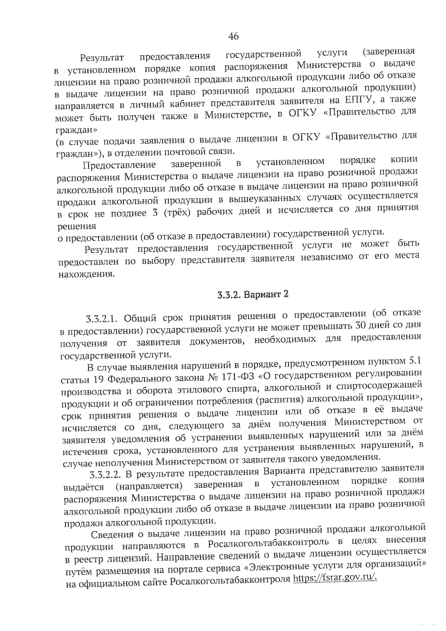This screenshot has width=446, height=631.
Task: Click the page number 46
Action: click(233, 36)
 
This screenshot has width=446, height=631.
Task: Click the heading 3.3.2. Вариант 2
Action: click(253, 294)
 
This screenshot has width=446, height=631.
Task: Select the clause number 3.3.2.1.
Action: click(102, 319)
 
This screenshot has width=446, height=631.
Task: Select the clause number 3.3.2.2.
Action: click(106, 474)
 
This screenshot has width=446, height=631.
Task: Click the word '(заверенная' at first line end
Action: click(388, 51)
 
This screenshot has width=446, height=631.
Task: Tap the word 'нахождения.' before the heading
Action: click(86, 275)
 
